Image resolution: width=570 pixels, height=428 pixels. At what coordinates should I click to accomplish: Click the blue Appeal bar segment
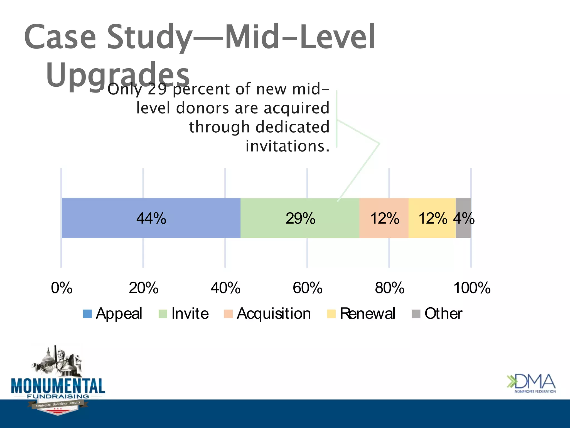coord(111,218)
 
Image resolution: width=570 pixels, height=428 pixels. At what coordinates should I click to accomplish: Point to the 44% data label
coord(151,218)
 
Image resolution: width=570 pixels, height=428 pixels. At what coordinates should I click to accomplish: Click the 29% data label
coord(300,218)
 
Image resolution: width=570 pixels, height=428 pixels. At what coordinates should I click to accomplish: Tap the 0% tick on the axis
coord(62,288)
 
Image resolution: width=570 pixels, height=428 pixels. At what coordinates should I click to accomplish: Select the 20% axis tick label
coord(143,288)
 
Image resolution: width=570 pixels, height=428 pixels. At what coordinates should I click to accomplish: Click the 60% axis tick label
coord(307,288)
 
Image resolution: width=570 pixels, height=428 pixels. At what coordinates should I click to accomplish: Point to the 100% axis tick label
coord(472,288)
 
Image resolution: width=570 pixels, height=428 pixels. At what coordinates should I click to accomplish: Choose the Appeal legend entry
coord(113,313)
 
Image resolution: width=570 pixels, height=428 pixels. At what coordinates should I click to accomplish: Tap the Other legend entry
coord(437,313)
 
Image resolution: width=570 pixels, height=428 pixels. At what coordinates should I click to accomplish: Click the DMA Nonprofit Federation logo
coord(531,383)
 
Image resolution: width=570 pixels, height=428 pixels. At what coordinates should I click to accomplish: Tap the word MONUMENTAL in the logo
coord(58,386)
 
